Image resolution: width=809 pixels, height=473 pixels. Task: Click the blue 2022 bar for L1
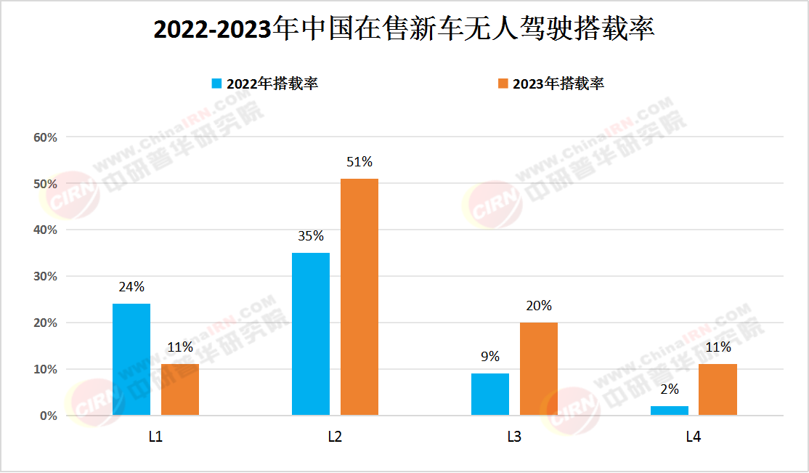pos(131,360)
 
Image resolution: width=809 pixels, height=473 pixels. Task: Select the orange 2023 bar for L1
pos(180,389)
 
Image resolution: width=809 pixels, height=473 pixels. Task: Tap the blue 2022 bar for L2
pos(311,334)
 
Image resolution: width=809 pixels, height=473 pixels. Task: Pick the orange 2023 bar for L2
pos(359,297)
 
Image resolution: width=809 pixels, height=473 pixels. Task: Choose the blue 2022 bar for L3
pos(490,395)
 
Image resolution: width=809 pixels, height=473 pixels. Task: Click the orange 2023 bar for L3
pos(539,369)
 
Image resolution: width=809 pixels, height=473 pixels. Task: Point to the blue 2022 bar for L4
pos(670,411)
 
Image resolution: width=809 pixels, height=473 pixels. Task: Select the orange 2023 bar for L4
pos(718,389)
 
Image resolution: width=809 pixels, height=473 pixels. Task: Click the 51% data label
pos(359,162)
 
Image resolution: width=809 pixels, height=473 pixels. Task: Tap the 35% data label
pos(311,236)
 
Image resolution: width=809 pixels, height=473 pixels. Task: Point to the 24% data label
pos(131,287)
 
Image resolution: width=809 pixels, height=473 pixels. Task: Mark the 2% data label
pos(670,389)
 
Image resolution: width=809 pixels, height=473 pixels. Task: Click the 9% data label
pos(490,356)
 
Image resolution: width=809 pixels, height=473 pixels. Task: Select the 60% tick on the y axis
pos(45,137)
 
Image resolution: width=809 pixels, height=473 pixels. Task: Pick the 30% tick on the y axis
pos(45,276)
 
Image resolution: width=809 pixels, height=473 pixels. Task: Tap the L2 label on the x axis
pos(335,437)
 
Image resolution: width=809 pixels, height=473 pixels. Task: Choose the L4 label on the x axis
pos(694,437)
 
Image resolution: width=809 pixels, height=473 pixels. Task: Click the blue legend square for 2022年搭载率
pos(216,84)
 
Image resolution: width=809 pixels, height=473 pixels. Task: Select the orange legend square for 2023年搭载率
pos(503,84)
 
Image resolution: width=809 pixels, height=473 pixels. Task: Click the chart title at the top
pos(404,30)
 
